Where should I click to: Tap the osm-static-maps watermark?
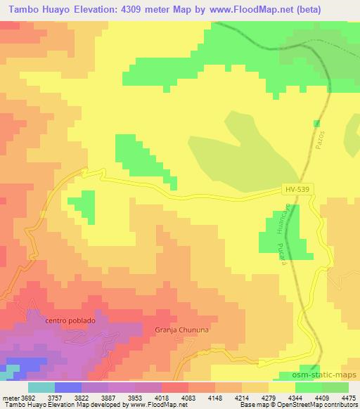tap(330, 376)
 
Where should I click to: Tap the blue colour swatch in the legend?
tap(68, 387)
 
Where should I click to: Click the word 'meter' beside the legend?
tap(10, 397)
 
